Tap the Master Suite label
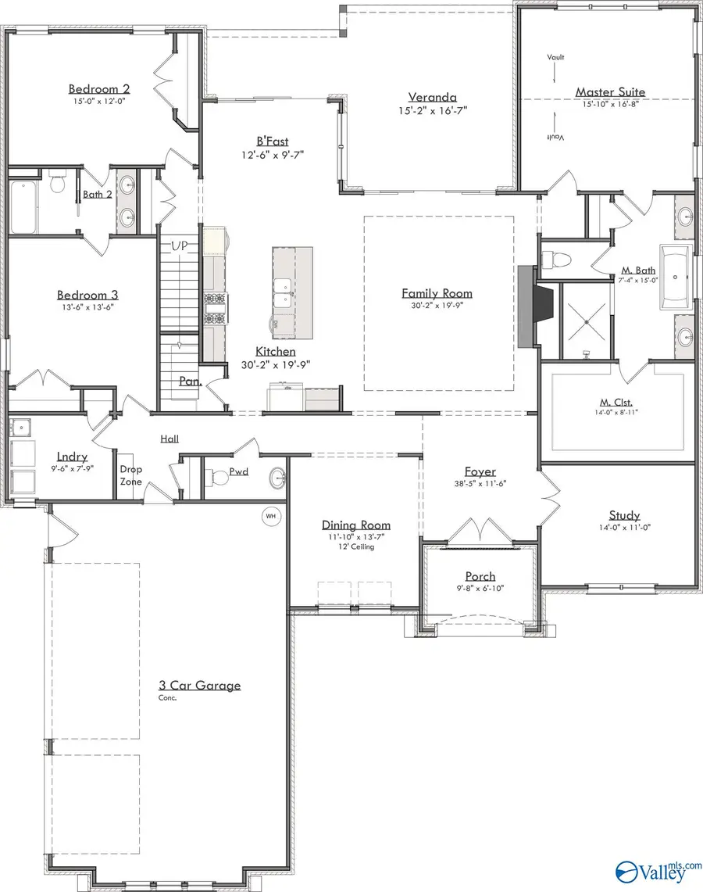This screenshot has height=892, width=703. (x=610, y=91)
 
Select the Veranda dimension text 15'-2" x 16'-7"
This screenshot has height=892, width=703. (x=431, y=112)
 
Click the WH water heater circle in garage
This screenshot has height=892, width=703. (x=271, y=516)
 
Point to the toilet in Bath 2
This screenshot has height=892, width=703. (x=56, y=184)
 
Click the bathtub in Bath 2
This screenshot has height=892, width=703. (x=23, y=207)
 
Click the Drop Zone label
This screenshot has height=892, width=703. (x=130, y=475)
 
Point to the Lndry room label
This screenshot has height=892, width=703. (x=72, y=457)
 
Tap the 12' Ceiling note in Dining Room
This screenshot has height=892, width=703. (x=356, y=546)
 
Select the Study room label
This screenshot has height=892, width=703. (x=624, y=515)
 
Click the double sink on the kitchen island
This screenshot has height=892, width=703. (x=284, y=291)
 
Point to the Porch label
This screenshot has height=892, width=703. (x=480, y=575)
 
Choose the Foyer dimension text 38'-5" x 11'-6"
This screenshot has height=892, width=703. (x=480, y=484)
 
